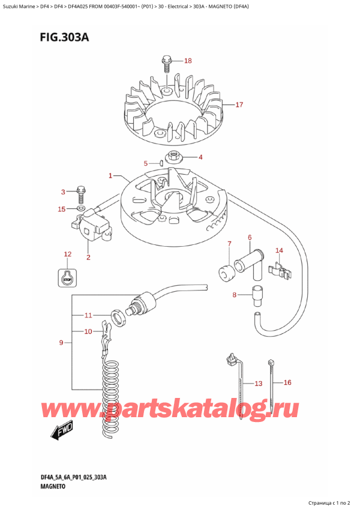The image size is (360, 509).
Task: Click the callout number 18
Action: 188,61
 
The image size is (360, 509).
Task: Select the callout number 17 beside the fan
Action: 239,105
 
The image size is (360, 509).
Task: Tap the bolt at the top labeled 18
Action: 166,62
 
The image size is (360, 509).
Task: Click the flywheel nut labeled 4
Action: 176,157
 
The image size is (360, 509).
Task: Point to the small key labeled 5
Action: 161,162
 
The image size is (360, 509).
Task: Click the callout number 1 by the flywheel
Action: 111,176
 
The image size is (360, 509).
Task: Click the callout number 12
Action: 67,254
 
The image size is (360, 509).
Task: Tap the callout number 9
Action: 61,343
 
